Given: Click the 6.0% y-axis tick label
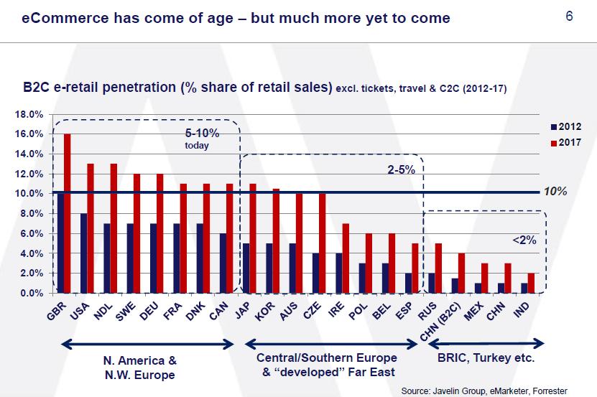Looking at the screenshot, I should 30,233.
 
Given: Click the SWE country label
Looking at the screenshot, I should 129,310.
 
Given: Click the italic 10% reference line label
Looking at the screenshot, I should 556,192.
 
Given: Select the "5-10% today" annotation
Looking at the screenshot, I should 201,139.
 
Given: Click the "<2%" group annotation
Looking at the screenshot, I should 524,240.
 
